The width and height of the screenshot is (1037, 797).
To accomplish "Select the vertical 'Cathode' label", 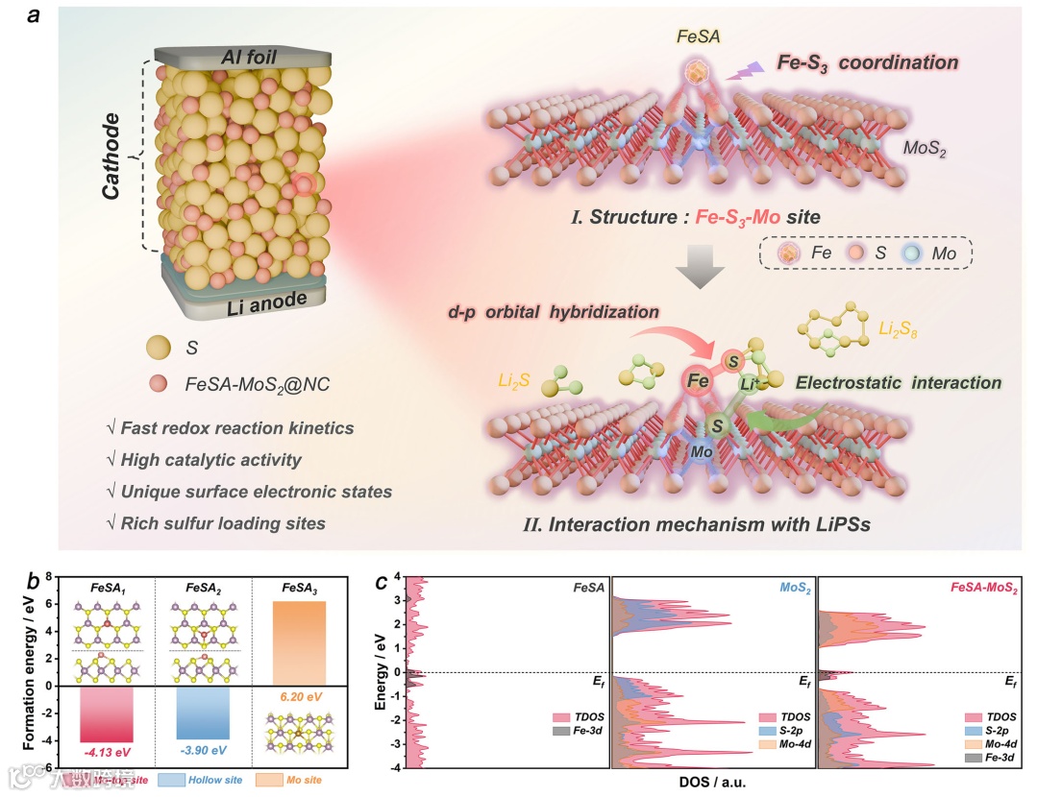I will [x=112, y=158].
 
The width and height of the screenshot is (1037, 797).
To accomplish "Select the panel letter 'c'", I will [x=382, y=583].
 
